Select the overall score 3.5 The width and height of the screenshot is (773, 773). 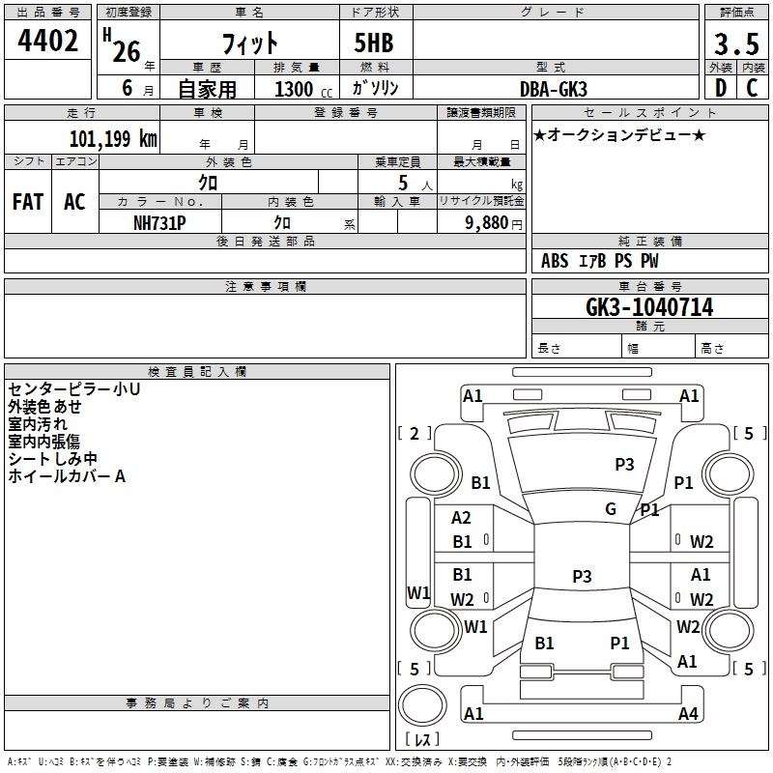735,44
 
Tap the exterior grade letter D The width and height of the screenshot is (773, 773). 720,86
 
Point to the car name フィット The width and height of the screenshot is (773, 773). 249,43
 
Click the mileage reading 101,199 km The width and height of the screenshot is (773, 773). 113,137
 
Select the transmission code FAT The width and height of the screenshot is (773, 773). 28,201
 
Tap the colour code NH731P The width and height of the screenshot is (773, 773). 159,222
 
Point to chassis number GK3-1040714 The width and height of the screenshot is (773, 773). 649,307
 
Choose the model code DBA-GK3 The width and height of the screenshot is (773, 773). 554,88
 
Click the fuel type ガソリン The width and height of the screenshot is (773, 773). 376,88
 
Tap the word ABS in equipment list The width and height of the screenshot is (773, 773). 555,261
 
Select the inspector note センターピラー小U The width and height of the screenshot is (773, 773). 73,389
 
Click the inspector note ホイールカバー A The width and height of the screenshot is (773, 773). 67,476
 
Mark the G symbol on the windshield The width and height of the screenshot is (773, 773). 611,509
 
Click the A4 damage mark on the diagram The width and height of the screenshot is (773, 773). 688,714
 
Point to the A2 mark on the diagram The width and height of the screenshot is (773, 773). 462,518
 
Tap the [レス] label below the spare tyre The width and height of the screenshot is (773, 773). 422,741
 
